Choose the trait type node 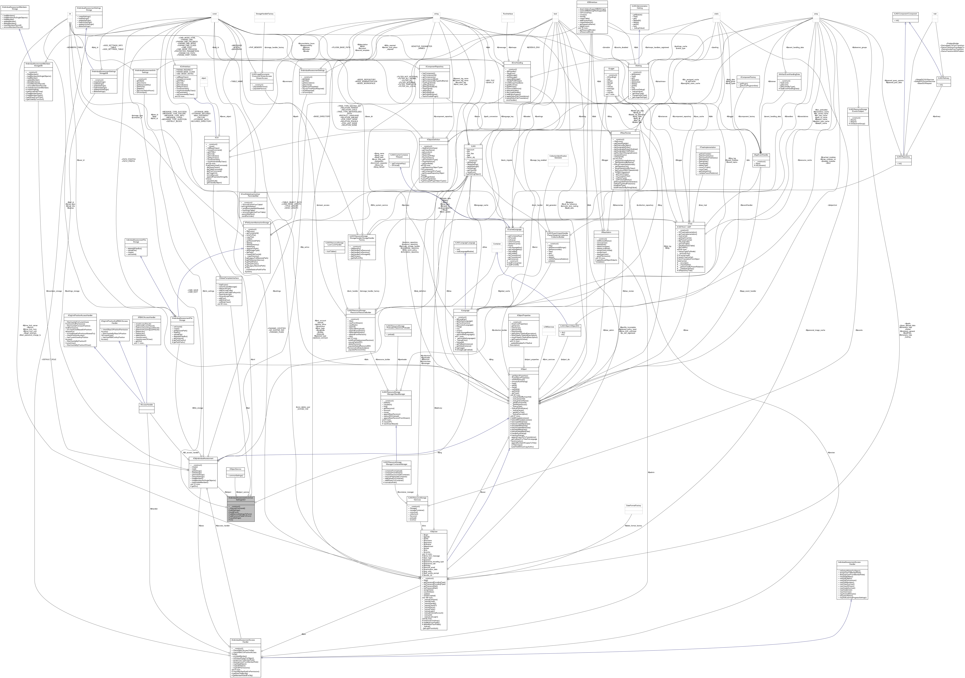tap(935, 14)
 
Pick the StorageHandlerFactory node tap(264, 14)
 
